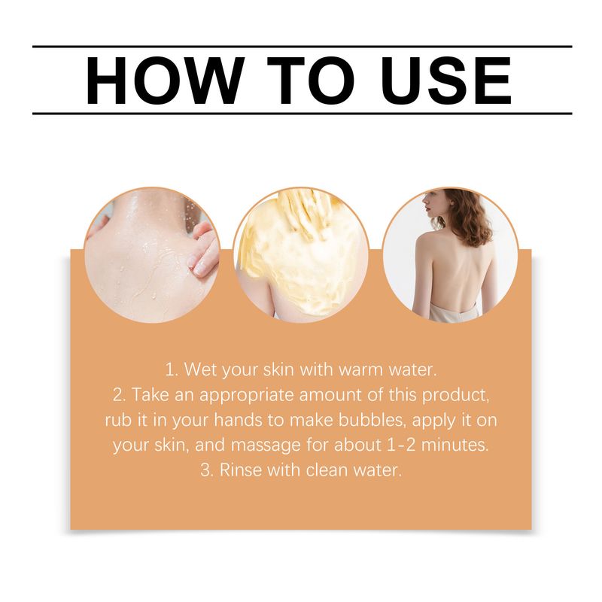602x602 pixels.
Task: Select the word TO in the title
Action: [311, 81]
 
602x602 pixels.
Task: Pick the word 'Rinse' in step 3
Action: [240, 470]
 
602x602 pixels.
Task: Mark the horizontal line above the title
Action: [303, 47]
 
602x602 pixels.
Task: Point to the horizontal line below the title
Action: [303, 114]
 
